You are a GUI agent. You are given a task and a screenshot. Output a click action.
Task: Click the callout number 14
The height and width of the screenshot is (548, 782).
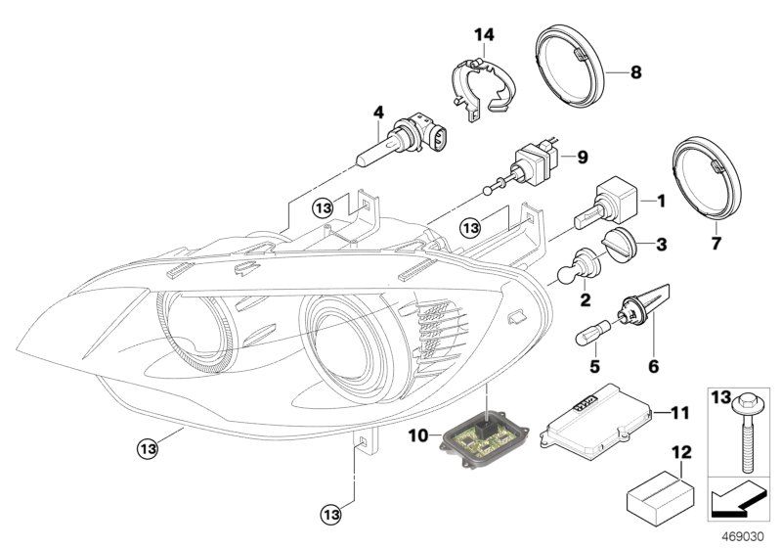pos(485,35)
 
